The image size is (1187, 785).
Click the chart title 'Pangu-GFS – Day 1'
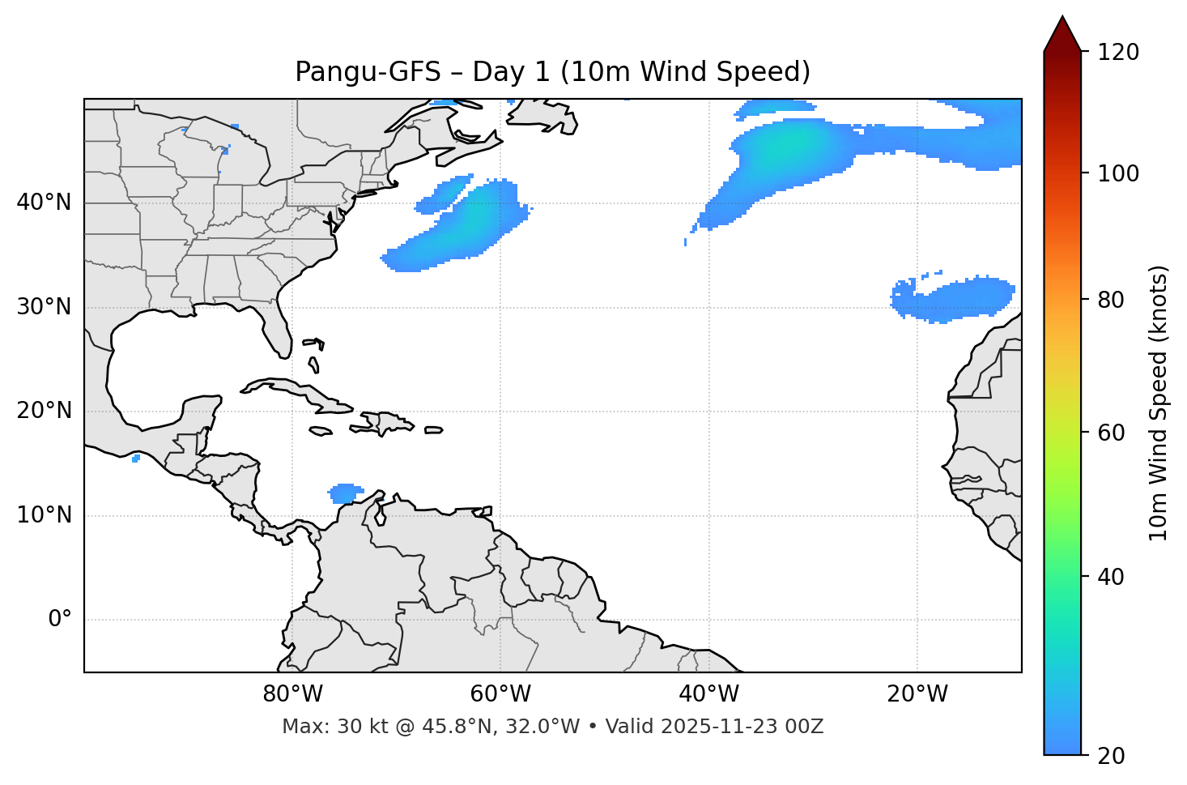(x=552, y=72)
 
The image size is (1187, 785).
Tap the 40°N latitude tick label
(x=44, y=203)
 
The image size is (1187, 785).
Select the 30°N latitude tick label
(x=44, y=307)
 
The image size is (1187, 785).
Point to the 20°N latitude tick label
(x=44, y=411)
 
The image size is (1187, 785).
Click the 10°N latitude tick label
(x=44, y=515)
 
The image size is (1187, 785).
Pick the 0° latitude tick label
(x=60, y=620)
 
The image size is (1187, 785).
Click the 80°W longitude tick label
(x=292, y=694)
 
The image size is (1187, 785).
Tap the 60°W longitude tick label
(x=500, y=694)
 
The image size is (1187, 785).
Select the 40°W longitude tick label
(x=708, y=694)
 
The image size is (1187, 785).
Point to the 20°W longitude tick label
(x=917, y=694)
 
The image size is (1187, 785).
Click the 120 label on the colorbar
(x=1120, y=53)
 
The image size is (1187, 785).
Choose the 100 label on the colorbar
(x=1120, y=173)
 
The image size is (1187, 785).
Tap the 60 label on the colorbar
(x=1114, y=433)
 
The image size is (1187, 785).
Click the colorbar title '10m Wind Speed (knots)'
(x=1159, y=403)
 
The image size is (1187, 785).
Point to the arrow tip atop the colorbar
(x=1062, y=18)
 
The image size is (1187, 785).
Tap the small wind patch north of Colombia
(x=347, y=493)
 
